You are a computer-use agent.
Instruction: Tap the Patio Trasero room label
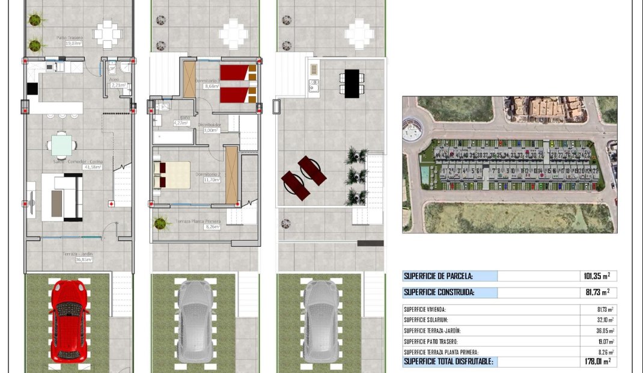[x=70, y=40]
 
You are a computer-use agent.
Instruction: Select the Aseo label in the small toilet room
[x=115, y=79]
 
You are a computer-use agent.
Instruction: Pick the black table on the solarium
[x=352, y=82]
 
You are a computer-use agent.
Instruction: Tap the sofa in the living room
[x=62, y=197]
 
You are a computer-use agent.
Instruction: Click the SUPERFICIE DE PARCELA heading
[x=438, y=276]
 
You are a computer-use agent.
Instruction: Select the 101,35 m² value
[x=596, y=276]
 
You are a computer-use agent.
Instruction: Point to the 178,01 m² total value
[x=596, y=362]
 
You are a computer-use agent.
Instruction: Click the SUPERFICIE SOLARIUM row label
[x=426, y=320]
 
